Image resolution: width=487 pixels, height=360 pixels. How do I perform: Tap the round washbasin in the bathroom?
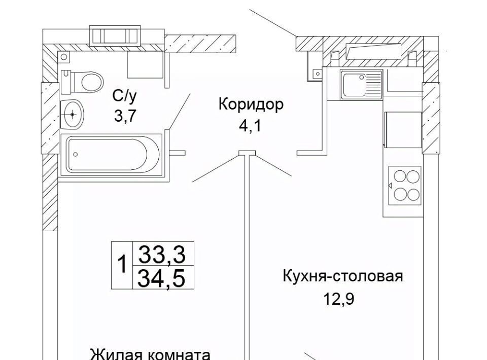pos(73,114)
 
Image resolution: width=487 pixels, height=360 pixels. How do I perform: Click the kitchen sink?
pos(361,85)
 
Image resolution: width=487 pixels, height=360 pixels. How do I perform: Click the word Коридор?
pos(250,105)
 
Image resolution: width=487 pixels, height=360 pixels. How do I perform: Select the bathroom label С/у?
pos(125,95)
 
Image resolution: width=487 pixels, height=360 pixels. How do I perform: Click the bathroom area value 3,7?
pos(125,116)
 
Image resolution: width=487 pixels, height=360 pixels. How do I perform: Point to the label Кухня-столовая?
pos(342,277)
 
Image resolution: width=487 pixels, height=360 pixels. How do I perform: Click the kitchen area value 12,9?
pos(339,299)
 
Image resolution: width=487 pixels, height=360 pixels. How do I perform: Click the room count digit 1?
pos(122,265)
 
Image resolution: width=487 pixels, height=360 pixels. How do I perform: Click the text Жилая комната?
pos(150,353)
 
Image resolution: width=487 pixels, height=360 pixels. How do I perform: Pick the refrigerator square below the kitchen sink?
pos(403,129)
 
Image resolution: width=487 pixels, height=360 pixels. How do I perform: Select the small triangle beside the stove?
pos(390,186)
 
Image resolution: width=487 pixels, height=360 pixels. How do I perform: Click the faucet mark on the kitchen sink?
pos(362,78)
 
